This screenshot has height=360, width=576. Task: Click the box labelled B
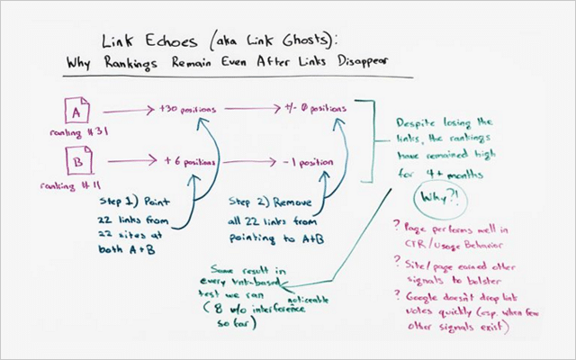[x=76, y=163]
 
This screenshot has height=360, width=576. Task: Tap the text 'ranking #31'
[x=71, y=134]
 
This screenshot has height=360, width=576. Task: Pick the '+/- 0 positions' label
[x=314, y=108]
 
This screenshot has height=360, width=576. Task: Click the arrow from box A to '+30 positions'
[x=122, y=111]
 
